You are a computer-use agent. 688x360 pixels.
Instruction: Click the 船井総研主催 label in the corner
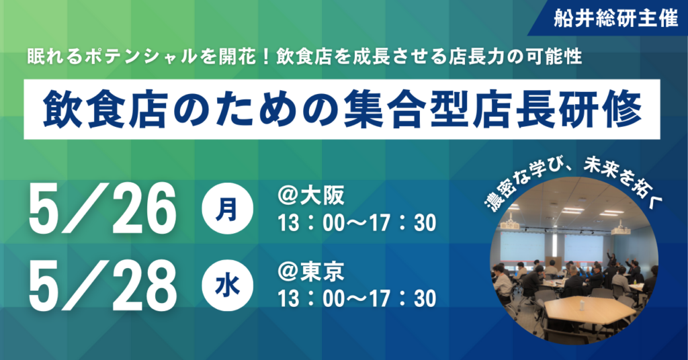[616, 18]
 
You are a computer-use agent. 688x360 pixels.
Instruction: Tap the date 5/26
[102, 210]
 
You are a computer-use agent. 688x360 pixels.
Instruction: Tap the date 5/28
[102, 285]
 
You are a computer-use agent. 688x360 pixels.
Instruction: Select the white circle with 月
[227, 209]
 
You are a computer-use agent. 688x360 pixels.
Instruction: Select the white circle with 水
[227, 285]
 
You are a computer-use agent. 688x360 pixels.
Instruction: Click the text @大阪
[311, 196]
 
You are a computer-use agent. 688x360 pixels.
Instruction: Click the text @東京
[311, 272]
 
